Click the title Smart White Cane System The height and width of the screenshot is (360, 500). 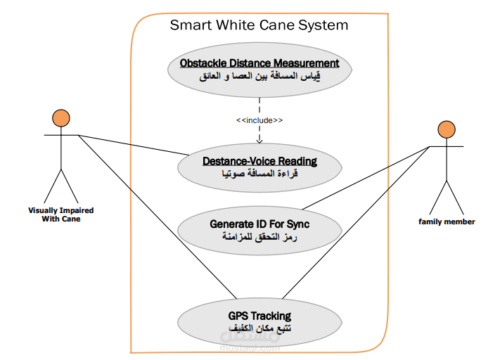(259, 25)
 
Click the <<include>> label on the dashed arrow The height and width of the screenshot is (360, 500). (259, 120)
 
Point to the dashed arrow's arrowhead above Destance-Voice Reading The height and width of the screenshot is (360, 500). (259, 139)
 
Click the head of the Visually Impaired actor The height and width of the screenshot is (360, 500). (60, 117)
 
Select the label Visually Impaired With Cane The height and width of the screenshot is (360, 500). (60, 214)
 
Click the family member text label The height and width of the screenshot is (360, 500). (447, 221)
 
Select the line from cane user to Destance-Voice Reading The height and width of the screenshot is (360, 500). (134, 144)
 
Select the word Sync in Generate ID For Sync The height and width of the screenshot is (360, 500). (296, 224)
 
